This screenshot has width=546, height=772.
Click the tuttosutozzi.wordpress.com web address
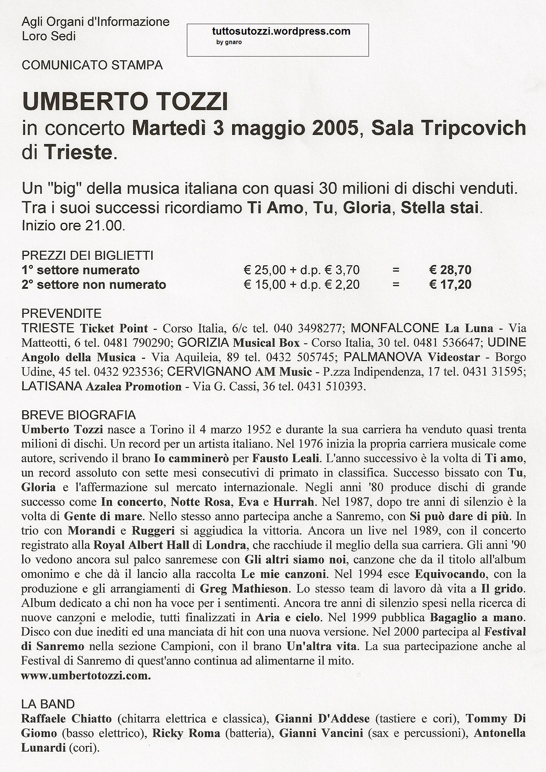(x=281, y=32)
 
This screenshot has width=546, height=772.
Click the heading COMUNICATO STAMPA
(x=92, y=65)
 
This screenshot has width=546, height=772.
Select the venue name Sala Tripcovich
(x=448, y=128)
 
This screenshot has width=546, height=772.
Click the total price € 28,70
(x=450, y=270)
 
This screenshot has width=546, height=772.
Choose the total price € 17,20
(x=450, y=284)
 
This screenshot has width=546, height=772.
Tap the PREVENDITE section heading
(x=61, y=313)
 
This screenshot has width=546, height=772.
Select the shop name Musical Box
(x=266, y=343)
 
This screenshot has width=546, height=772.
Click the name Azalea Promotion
(x=134, y=387)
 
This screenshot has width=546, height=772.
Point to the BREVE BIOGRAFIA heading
(x=78, y=415)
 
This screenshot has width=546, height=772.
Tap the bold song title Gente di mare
(x=103, y=516)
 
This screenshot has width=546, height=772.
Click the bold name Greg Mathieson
(x=244, y=589)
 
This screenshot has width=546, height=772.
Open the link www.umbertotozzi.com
(x=86, y=676)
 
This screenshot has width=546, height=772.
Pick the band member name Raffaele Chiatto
(x=66, y=719)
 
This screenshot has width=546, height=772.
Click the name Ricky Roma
(x=186, y=733)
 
